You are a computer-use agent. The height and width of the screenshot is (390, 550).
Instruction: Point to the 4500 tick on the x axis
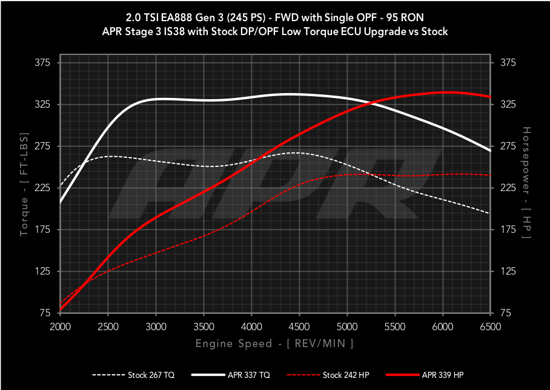(x=299, y=327)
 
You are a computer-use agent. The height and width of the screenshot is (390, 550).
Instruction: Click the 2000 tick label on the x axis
(x=60, y=327)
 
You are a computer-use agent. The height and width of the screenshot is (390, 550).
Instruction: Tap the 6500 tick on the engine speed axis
(x=490, y=327)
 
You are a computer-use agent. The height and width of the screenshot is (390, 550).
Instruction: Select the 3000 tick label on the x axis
(x=156, y=327)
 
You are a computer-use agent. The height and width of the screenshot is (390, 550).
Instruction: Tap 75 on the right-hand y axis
(x=504, y=313)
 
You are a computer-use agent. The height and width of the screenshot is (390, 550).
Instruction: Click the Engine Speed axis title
(x=274, y=343)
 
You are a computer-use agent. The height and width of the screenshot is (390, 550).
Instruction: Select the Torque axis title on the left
(x=24, y=188)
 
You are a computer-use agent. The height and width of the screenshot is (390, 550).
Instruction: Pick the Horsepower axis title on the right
(x=526, y=182)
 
